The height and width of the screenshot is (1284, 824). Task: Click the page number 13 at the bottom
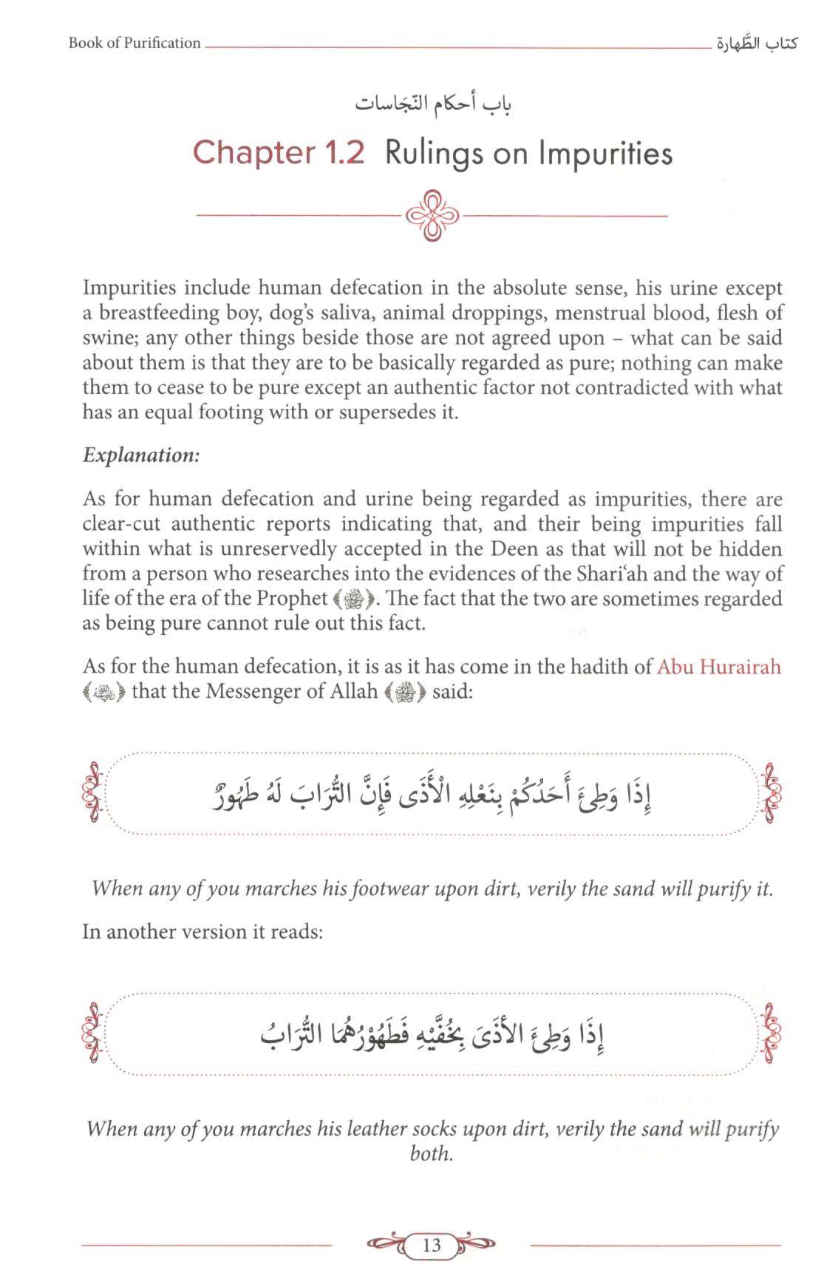point(431,1246)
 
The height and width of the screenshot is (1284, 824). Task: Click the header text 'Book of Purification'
point(135,43)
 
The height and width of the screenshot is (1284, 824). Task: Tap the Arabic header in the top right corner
point(755,44)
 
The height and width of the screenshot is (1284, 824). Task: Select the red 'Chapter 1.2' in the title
point(279,152)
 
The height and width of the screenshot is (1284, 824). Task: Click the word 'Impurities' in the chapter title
point(605,153)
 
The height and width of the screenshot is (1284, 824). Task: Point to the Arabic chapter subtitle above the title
point(433,104)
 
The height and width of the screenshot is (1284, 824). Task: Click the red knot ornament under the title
point(433,216)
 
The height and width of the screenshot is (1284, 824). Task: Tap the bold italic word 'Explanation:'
point(141,455)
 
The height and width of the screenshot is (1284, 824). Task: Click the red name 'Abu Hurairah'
point(718,667)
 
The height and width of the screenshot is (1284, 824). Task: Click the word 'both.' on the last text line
point(431,1153)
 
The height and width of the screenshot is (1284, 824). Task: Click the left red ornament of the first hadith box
point(93,792)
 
